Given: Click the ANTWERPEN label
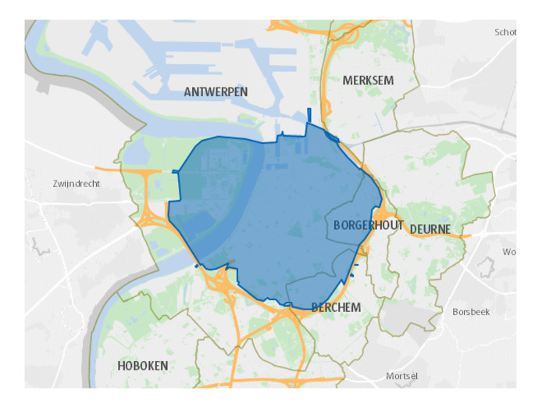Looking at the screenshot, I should coord(216,92).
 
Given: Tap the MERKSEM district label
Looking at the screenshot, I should coord(368,81).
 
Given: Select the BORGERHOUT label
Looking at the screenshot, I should coord(368,225).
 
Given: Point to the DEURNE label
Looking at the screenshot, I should coord(430,229).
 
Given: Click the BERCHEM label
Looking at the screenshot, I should coord(336,308).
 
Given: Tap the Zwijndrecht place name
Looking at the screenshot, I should coord(76,184).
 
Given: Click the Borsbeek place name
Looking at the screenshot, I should coord(471,311).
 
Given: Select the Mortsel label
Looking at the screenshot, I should coord(402,377).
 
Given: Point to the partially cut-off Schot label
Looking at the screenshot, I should coord(505,32).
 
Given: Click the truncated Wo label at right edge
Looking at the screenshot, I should coord(509,252).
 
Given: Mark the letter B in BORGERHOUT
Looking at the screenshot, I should coord(337,225).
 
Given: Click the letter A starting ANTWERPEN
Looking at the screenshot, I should coord(187,92).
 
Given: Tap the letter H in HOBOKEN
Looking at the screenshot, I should coord(122,366).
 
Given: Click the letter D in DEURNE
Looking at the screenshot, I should coord(413,229).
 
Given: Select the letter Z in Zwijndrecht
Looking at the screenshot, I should coord(55,184).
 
